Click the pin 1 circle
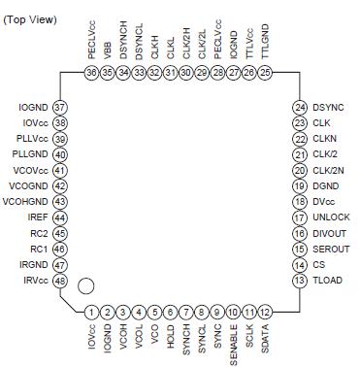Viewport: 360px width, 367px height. click(90, 312)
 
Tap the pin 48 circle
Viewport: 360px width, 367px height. click(60, 281)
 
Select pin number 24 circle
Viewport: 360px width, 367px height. click(300, 107)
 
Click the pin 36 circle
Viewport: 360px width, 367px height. click(90, 73)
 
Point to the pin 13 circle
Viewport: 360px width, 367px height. click(300, 281)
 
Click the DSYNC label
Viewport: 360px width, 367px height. click(329, 107)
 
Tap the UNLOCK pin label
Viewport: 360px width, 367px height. click(331, 217)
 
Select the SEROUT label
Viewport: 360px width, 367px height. click(331, 249)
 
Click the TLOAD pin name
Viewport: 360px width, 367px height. click(328, 281)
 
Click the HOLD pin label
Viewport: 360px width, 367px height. click(171, 336)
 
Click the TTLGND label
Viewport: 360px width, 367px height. click(266, 46)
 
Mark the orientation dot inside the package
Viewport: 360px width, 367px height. click(86, 286)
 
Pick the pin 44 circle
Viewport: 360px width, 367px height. click(60, 217)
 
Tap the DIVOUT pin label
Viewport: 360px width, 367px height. click(331, 233)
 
